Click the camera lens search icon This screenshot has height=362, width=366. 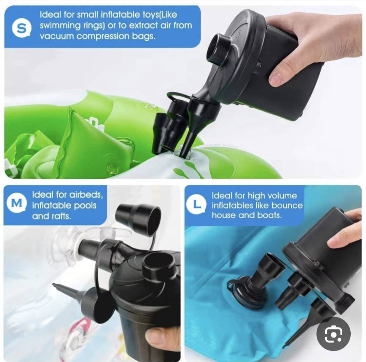click(333, 334)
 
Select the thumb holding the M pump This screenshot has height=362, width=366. click(161, 339)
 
